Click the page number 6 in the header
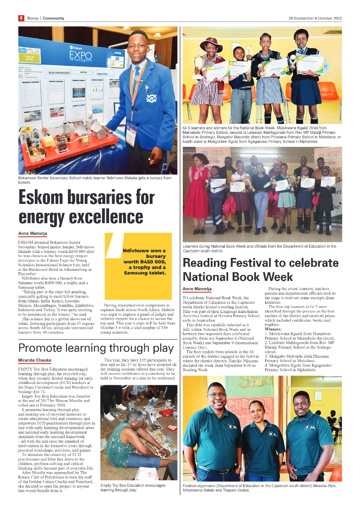21,18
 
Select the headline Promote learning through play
96,348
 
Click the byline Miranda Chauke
35,361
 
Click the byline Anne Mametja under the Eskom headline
33,234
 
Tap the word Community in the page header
54,18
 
